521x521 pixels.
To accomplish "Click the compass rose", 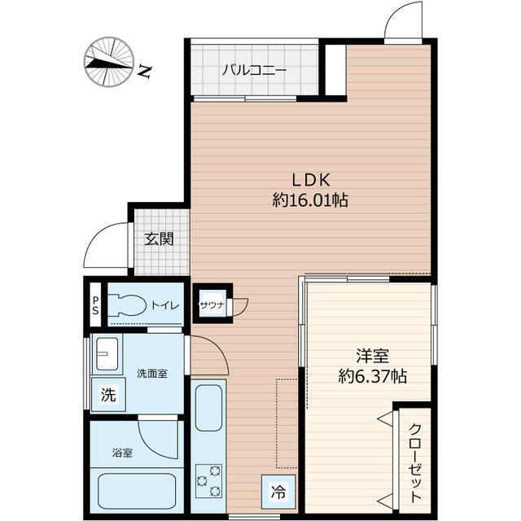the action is (x=109, y=62).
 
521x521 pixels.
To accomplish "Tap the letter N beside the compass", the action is (x=145, y=71).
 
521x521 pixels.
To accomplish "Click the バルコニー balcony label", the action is (x=254, y=71).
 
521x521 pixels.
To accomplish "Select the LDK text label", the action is (x=311, y=180).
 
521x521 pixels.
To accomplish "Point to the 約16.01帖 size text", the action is (x=310, y=200).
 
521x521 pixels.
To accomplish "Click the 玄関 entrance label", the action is (x=160, y=239).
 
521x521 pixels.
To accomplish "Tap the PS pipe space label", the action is (x=96, y=305).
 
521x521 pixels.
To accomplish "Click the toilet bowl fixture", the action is (x=127, y=304).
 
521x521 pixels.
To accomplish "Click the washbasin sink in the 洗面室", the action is (x=107, y=353).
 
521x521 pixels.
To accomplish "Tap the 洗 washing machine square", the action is (x=108, y=394).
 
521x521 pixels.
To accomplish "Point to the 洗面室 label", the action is (x=152, y=374).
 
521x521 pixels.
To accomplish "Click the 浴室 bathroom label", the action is (x=123, y=453).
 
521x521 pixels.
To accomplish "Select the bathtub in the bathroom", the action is (x=137, y=490).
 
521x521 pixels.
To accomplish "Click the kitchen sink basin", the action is (x=208, y=408).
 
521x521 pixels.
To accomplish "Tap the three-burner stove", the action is (x=208, y=480).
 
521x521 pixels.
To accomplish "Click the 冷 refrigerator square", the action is (x=278, y=492).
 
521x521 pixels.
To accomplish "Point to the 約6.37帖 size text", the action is (x=373, y=376).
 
